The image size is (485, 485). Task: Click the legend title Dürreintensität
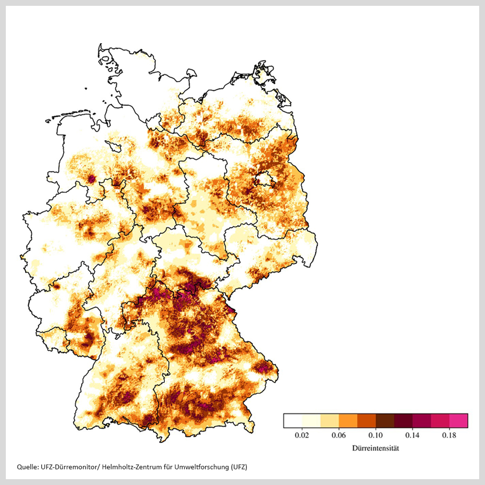tap(375, 449)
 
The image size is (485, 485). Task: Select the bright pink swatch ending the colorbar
tap(459, 420)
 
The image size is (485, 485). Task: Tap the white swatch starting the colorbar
tap(293, 420)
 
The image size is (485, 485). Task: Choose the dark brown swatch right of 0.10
tap(385, 420)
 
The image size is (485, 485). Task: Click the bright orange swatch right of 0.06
tap(348, 420)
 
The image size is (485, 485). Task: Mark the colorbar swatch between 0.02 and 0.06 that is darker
tap(329, 420)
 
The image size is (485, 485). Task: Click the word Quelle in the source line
tap(27, 467)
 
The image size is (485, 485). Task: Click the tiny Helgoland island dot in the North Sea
tap(86, 89)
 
